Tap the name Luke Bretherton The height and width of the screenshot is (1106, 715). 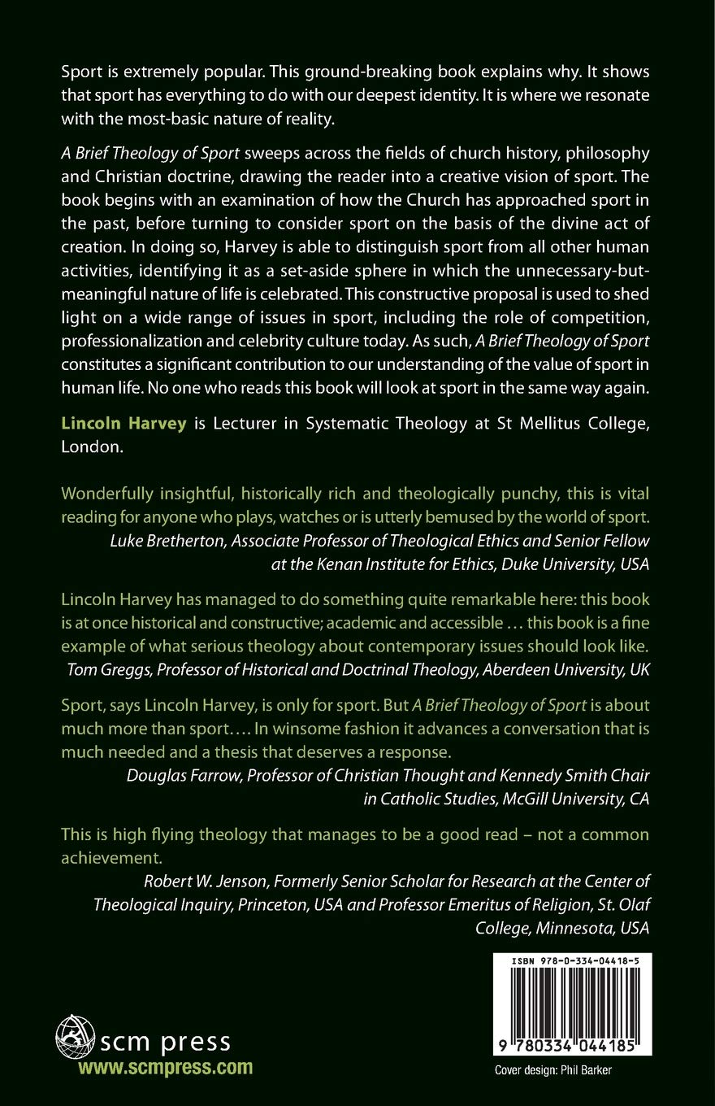[150, 541]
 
